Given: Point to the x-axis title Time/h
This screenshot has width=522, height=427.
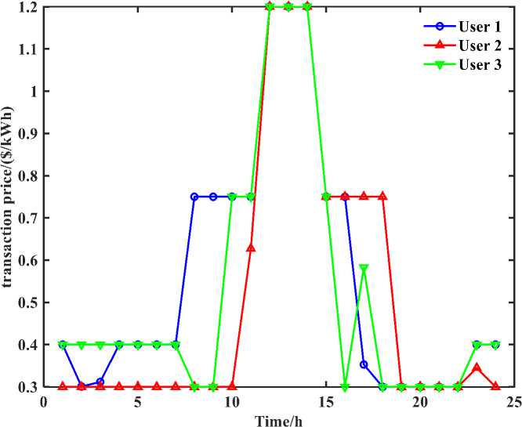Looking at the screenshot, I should click(x=277, y=419).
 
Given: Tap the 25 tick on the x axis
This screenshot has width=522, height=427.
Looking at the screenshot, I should click(x=513, y=401).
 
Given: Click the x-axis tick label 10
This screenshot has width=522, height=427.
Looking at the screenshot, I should click(x=231, y=401).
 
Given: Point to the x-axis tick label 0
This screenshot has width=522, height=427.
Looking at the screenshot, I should click(x=43, y=401).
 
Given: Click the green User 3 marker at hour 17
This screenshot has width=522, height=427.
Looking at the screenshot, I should click(x=364, y=268).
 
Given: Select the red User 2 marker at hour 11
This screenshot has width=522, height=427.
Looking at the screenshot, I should click(x=251, y=248).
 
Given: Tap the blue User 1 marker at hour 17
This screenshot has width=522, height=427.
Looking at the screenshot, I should click(x=364, y=364).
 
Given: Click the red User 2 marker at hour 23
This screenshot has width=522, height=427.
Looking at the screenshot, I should click(x=477, y=367).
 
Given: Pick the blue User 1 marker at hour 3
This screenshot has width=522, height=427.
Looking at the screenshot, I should click(x=100, y=382).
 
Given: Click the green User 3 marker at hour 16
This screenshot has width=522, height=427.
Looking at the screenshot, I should click(x=345, y=387).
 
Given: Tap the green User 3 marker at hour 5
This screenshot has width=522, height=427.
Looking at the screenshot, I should click(x=137, y=345).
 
